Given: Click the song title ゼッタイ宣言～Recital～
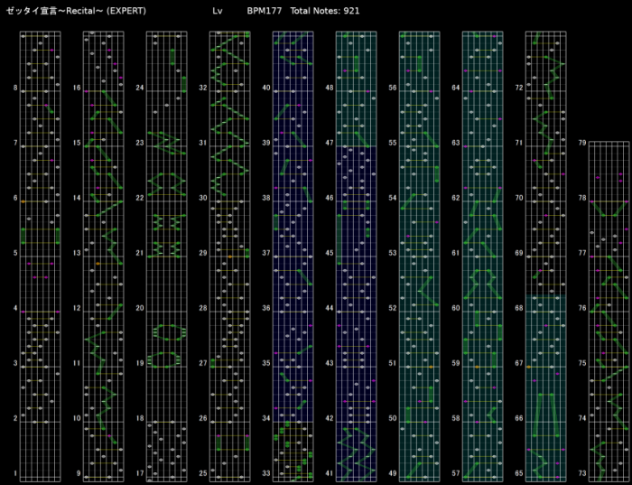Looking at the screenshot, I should pos(54,11).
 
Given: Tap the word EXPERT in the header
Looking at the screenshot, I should pos(125,11).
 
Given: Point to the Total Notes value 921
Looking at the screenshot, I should pos(352,11).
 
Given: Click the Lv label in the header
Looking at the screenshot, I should pos(217,11).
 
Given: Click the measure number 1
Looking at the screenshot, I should pos(15,473).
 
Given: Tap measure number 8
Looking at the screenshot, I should pos(15,89).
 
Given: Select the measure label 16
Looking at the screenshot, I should pos(77,89).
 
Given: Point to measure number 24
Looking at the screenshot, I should pos(140,89).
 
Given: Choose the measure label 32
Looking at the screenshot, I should pos(203,89).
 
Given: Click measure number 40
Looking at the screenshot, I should pos(266,89).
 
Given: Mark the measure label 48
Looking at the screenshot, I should pos(330,89).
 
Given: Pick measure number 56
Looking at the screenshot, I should pos(393,89).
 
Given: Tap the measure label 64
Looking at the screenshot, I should pos(456,89).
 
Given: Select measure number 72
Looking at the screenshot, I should pos(519,89).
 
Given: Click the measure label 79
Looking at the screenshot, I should pos(582,143).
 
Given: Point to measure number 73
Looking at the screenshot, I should pos(582,473).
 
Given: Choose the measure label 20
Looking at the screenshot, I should pos(140,308).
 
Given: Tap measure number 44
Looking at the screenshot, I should pos(330,308).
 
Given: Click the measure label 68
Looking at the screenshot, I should pos(519,308).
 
